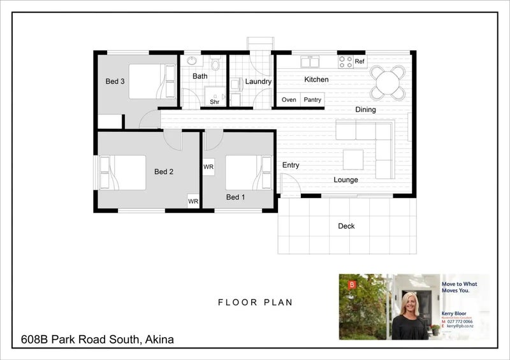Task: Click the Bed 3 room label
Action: pyautogui.click(x=115, y=81)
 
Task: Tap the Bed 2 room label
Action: pyautogui.click(x=164, y=171)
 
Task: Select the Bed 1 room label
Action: pyautogui.click(x=235, y=198)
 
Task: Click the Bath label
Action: pyautogui.click(x=200, y=76)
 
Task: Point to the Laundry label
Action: pyautogui.click(x=258, y=82)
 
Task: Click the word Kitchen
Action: pyautogui.click(x=316, y=80)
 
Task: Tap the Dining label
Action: pyautogui.click(x=365, y=110)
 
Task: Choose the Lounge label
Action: pyautogui.click(x=346, y=180)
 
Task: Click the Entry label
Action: pyautogui.click(x=291, y=166)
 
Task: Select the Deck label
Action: pyautogui.click(x=346, y=226)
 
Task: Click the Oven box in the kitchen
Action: pyautogui.click(x=289, y=99)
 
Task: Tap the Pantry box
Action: pyautogui.click(x=312, y=99)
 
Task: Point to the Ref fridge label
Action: pyautogui.click(x=360, y=61)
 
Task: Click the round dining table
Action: pyautogui.click(x=388, y=82)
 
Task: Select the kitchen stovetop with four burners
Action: pyautogui.click(x=345, y=62)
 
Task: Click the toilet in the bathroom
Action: pyautogui.click(x=215, y=64)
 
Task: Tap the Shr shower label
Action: pyautogui.click(x=215, y=102)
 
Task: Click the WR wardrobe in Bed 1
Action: pyautogui.click(x=208, y=166)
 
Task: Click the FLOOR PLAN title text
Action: pyautogui.click(x=255, y=303)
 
